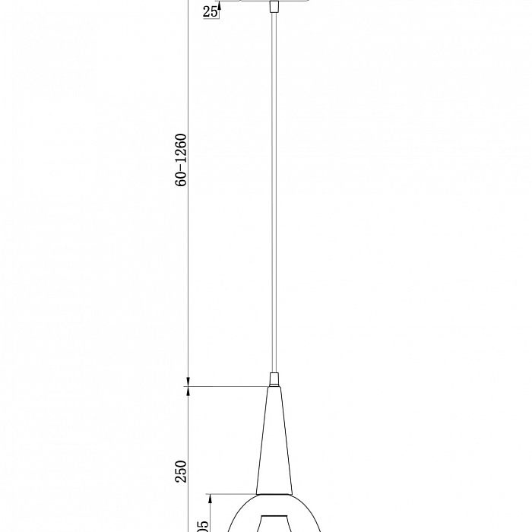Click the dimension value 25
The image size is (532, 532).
coord(211,11)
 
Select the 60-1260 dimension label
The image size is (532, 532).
coord(181,160)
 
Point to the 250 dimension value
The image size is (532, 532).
coord(181,472)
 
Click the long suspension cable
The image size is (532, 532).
coord(273,190)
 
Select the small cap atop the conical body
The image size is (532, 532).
coord(273,378)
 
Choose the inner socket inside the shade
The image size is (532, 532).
coord(273,523)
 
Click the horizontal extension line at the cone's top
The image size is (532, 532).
coord(228,387)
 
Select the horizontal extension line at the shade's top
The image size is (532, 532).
coord(232,495)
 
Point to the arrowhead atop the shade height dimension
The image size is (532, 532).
coord(211,499)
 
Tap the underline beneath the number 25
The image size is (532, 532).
coord(211,18)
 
